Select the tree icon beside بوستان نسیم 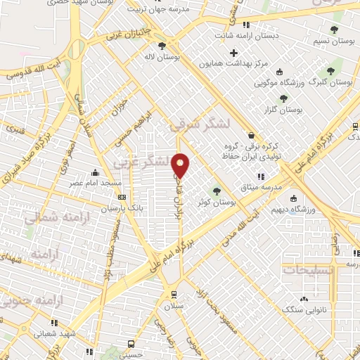(x=335, y=30)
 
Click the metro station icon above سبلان (x=174, y=295)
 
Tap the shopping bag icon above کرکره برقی (x=252, y=136)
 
